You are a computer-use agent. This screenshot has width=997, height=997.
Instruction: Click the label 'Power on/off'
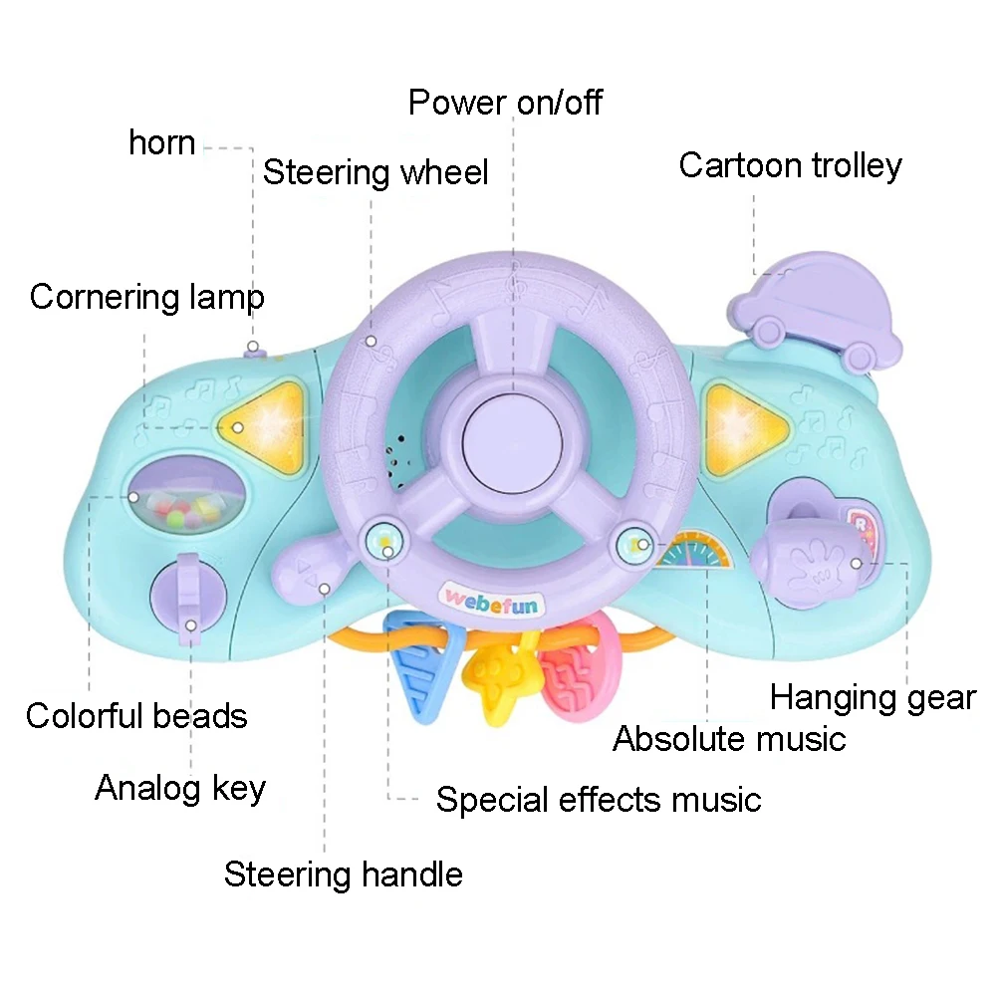(505, 102)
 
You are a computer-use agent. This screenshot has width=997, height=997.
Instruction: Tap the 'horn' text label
(161, 142)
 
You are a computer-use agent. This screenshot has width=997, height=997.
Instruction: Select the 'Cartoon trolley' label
(790, 165)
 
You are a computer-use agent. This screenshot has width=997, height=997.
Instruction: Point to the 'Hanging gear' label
(872, 697)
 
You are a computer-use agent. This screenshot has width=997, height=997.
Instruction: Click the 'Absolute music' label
(729, 739)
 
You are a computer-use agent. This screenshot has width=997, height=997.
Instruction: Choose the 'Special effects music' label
(598, 799)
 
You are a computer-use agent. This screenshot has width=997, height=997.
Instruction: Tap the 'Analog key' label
(180, 789)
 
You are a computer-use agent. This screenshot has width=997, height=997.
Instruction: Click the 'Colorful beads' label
(136, 715)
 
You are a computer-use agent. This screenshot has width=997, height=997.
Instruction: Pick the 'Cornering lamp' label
(146, 297)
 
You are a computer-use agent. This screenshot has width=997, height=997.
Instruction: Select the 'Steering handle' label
(344, 874)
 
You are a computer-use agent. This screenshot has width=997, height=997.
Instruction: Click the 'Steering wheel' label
(375, 172)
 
